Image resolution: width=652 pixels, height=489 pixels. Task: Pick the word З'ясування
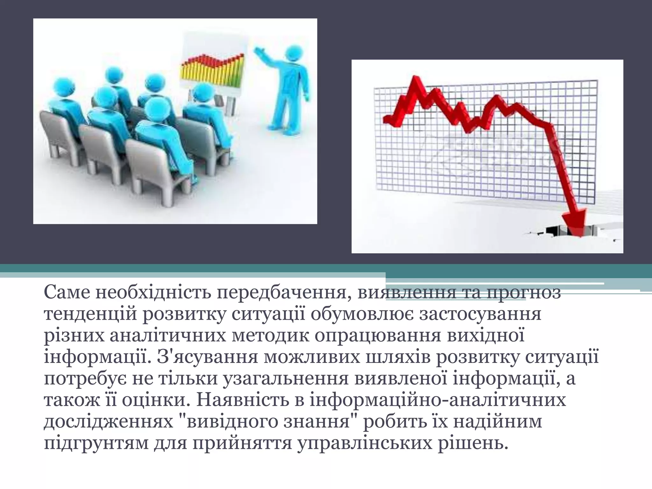click(207, 358)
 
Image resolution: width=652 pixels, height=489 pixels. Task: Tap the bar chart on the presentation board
click(212, 72)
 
